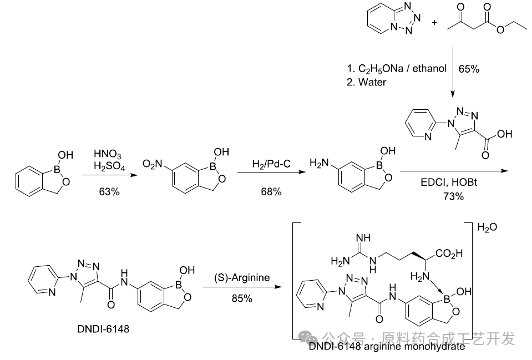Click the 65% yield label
[x=469, y=69]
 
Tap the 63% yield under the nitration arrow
[x=109, y=191]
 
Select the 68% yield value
[x=271, y=191]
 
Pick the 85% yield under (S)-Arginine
[x=242, y=298]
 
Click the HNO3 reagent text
[x=109, y=153]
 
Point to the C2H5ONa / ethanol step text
[x=397, y=69]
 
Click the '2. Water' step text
[x=367, y=82]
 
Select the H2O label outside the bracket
[x=488, y=227]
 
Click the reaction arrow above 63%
[x=109, y=174]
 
